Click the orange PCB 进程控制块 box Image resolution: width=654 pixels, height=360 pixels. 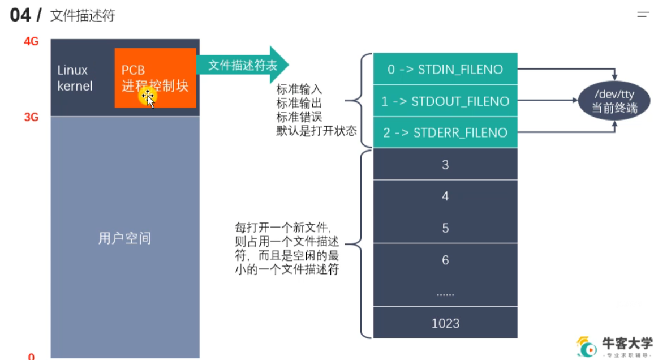155,78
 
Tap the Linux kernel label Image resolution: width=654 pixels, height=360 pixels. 75,78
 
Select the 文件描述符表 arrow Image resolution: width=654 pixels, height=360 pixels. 242,65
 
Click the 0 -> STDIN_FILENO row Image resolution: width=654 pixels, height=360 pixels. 445,69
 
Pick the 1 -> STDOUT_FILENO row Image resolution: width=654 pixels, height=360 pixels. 445,101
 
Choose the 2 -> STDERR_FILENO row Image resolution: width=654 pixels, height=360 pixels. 445,132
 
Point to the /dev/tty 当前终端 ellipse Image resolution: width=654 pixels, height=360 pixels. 614,101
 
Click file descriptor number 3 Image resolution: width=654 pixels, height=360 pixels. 445,164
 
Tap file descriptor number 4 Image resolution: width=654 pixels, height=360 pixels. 445,196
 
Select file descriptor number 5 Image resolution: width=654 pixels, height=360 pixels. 445,228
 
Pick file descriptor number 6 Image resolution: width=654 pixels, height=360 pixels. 445,260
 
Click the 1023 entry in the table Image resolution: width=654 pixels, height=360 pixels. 445,323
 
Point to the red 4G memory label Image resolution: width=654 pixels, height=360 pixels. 31,41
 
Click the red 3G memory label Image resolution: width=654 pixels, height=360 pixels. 31,117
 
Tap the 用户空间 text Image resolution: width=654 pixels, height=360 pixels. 124,238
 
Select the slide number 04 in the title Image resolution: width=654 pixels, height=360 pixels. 20,15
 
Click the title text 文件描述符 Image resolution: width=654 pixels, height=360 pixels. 83,16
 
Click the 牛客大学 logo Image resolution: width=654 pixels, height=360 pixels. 614,346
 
